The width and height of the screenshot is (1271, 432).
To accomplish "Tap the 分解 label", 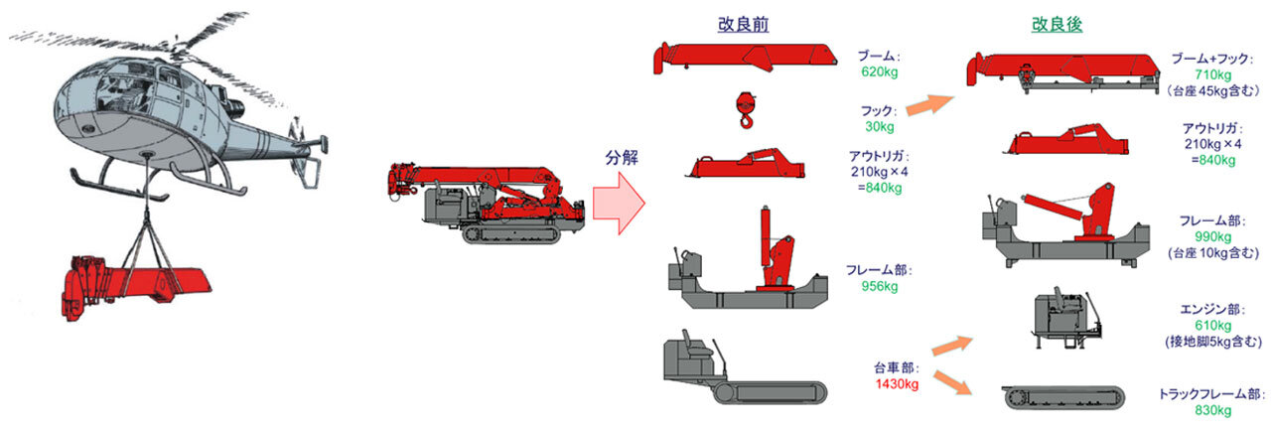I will pos(623,158).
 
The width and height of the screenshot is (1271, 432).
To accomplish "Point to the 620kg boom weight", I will pos(879,72).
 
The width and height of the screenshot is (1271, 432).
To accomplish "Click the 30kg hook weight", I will pos(879,126).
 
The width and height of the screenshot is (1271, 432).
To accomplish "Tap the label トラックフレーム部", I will pos(1211,393).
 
